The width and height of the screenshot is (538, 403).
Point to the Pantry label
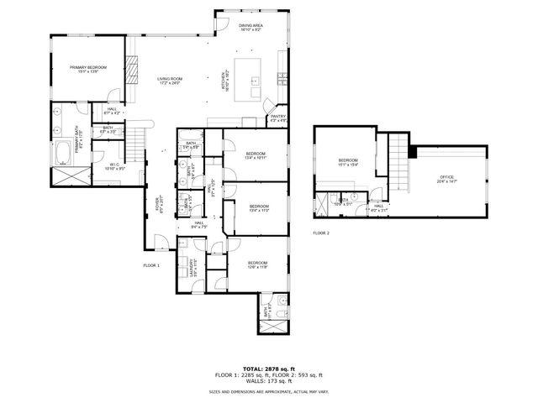(x=277, y=118)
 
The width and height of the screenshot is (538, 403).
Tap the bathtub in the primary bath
(x=64, y=153)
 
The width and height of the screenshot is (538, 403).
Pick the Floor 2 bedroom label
(x=348, y=163)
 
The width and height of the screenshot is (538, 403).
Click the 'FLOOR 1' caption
(x=151, y=265)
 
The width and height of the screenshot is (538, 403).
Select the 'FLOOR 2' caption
(x=321, y=233)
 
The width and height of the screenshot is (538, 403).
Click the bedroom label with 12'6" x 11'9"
(x=258, y=265)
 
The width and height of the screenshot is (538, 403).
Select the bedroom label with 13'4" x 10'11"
(x=256, y=155)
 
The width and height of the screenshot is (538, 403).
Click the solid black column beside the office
(x=412, y=151)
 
